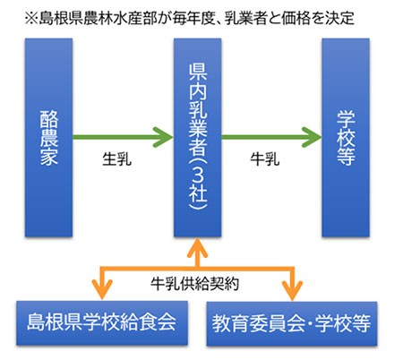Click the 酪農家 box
[x=48, y=138]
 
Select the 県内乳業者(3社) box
[x=198, y=138]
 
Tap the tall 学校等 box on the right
[x=346, y=138]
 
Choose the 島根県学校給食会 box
[x=102, y=322]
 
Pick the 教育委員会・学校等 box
[x=292, y=323]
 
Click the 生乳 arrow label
[x=117, y=159]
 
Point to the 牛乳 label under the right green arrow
[x=265, y=159]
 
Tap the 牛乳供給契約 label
[x=194, y=283]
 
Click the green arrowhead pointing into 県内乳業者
[x=164, y=137]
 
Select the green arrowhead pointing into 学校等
[x=312, y=137]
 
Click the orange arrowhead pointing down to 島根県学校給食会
[x=102, y=290]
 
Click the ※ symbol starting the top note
[x=31, y=19]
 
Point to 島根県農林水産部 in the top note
[x=99, y=19]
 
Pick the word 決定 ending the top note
[x=340, y=19]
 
